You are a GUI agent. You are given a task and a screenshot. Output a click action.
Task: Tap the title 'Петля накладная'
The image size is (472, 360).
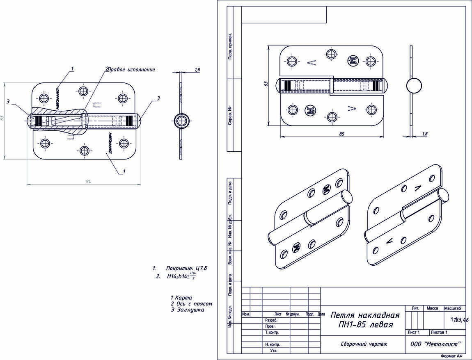click(365, 315)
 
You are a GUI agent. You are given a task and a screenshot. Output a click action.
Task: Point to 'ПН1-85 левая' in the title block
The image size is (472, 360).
click(364, 325)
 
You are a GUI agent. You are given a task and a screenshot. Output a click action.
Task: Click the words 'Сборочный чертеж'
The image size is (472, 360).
click(364, 344)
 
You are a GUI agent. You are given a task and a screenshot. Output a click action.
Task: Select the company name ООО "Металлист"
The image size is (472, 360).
click(435, 344)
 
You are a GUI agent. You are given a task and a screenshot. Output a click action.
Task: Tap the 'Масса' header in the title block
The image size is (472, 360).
click(432, 308)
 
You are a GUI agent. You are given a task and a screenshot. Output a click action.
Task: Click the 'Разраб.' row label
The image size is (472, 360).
click(271, 320)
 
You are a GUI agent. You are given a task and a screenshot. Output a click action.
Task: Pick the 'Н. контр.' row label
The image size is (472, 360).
click(273, 345)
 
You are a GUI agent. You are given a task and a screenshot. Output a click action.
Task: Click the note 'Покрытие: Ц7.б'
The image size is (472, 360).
click(186, 269)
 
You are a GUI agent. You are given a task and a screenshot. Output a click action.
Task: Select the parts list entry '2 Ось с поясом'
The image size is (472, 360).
click(191, 304)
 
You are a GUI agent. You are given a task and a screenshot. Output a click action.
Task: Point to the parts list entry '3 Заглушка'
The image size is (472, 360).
click(187, 310)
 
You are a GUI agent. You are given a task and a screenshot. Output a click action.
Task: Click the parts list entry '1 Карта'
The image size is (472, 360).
click(181, 298)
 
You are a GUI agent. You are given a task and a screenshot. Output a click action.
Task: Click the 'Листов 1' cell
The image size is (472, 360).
click(438, 333)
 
